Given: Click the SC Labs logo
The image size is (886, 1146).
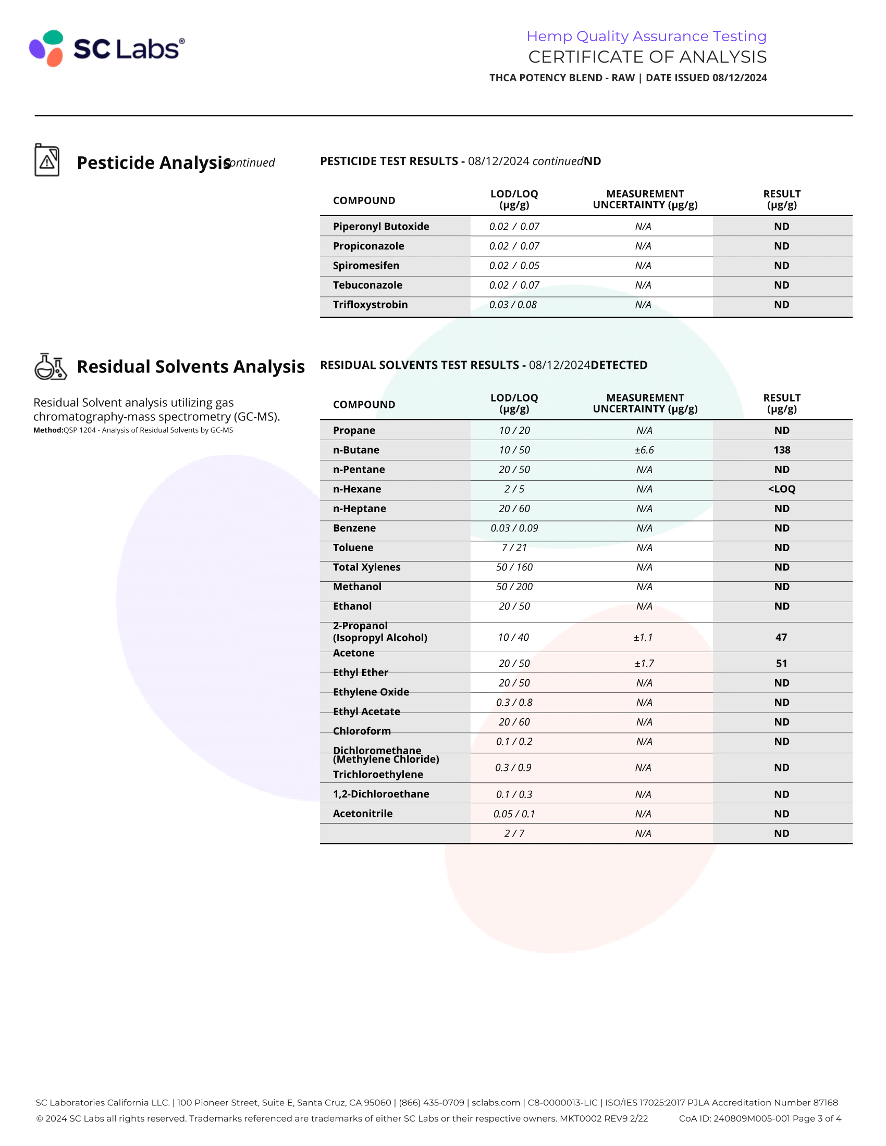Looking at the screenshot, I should [x=107, y=48].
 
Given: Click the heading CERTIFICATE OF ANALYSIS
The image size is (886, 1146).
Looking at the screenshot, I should [x=647, y=57].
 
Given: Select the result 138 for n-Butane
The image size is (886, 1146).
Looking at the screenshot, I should [x=781, y=450].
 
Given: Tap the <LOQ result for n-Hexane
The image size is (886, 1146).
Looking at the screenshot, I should [x=781, y=489].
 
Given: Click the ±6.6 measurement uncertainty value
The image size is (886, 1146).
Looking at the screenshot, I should [x=644, y=450].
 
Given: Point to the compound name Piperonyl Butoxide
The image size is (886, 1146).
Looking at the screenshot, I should [x=380, y=226].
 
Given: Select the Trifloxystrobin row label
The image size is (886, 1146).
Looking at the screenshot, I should [x=370, y=304].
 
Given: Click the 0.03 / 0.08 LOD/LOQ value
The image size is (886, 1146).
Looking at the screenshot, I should [x=513, y=304].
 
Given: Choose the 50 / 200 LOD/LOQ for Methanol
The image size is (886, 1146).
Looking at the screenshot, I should [x=514, y=587].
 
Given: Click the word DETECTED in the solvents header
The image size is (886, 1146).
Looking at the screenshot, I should [x=619, y=365].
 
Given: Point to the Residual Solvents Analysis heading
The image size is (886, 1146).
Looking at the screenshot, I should [x=191, y=366].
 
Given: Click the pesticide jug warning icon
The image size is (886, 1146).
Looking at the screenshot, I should [x=47, y=160].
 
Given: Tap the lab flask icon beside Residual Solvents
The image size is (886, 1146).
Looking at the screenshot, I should [x=51, y=366].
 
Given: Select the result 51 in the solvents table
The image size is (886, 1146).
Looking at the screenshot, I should [x=781, y=663].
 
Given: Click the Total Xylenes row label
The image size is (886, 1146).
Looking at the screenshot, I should [x=366, y=567].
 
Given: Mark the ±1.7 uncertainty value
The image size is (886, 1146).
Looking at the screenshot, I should [x=644, y=663].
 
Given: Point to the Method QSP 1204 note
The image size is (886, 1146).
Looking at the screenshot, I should [x=133, y=430].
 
